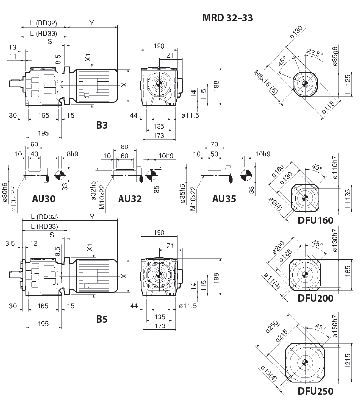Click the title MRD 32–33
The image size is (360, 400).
click(x=228, y=18)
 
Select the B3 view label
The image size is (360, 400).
click(x=102, y=125)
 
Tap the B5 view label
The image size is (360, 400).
click(x=102, y=319)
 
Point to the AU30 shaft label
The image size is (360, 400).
click(x=43, y=199)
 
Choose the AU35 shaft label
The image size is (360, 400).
click(x=224, y=199)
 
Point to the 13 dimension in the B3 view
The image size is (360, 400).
click(x=12, y=47)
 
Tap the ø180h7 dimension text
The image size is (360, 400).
click(x=335, y=326)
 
